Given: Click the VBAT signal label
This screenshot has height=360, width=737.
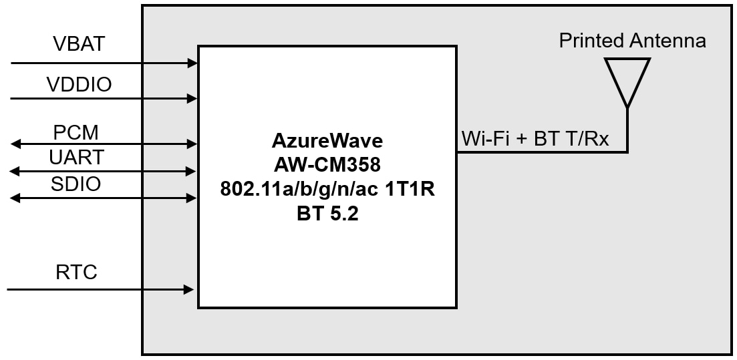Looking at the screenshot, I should (x=79, y=45).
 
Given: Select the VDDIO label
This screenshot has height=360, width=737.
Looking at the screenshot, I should (x=79, y=85).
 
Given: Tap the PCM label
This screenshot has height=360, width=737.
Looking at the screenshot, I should (x=76, y=132).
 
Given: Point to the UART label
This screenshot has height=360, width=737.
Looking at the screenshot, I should (x=76, y=158).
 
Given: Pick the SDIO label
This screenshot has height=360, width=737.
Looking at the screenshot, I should (x=76, y=184).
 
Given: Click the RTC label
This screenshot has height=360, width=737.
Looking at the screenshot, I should (x=76, y=273).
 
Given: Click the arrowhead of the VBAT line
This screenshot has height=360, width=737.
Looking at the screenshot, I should (x=193, y=63).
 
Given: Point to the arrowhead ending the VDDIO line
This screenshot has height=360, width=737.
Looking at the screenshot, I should (x=193, y=99).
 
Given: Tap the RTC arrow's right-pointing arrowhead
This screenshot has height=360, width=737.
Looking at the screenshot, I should (x=189, y=290).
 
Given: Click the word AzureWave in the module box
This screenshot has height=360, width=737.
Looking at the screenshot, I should (x=327, y=141).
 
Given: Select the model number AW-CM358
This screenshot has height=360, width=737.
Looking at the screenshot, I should (x=327, y=164).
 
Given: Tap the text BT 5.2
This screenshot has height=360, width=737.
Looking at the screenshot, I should (x=327, y=214).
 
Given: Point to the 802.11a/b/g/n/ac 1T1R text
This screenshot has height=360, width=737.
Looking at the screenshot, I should (x=327, y=189).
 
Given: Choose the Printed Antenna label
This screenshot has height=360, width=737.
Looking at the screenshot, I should (x=632, y=41).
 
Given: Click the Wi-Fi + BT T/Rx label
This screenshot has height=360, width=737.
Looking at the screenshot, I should (x=535, y=140).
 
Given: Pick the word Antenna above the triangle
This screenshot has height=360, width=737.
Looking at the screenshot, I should (x=668, y=41).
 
